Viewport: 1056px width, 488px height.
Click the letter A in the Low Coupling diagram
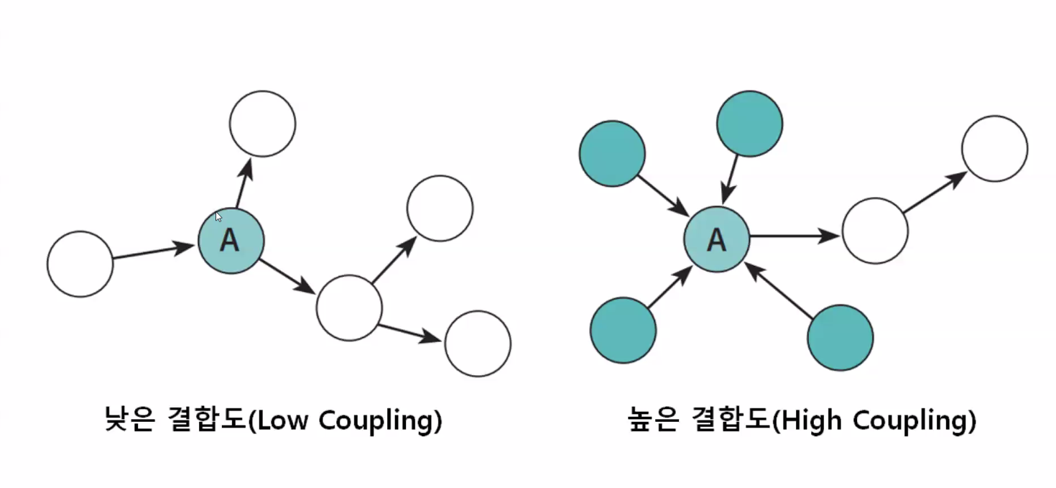pyautogui.click(x=229, y=241)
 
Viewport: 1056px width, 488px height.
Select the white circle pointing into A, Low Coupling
pyautogui.click(x=80, y=264)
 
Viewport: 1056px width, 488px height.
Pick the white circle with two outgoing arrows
pyautogui.click(x=348, y=307)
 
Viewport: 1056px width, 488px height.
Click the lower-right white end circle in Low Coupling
pyautogui.click(x=478, y=344)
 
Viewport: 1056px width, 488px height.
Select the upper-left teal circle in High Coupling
pyautogui.click(x=612, y=154)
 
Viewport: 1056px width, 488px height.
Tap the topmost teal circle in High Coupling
pyautogui.click(x=749, y=124)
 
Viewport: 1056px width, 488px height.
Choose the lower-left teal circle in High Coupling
pyautogui.click(x=623, y=331)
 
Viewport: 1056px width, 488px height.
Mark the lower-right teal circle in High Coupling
pyautogui.click(x=840, y=338)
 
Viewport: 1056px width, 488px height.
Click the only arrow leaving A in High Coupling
pyautogui.click(x=794, y=235)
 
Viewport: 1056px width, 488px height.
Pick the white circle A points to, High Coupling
pyautogui.click(x=874, y=231)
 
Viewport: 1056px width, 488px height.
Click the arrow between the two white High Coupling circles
pyautogui.click(x=935, y=193)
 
